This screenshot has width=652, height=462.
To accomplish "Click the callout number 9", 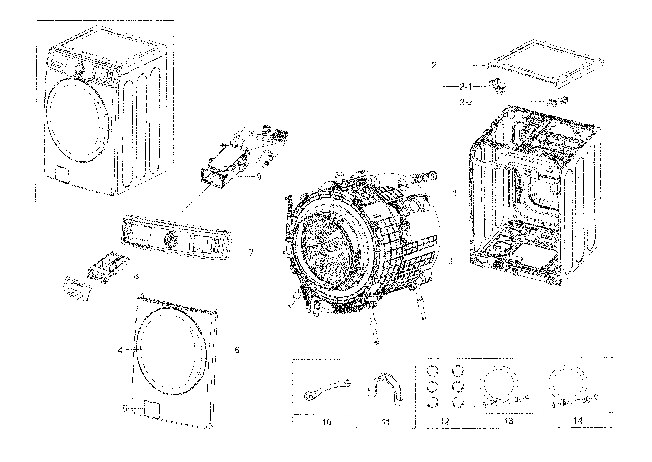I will [259, 177].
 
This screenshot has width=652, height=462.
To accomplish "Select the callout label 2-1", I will [466, 87].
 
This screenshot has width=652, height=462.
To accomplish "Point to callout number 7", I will [251, 252].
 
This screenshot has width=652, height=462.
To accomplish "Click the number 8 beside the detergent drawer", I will [136, 276].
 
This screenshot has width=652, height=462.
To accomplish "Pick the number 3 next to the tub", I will [450, 261].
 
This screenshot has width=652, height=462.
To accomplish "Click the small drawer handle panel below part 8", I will [76, 288].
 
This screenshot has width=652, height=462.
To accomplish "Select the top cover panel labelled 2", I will [544, 67].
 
